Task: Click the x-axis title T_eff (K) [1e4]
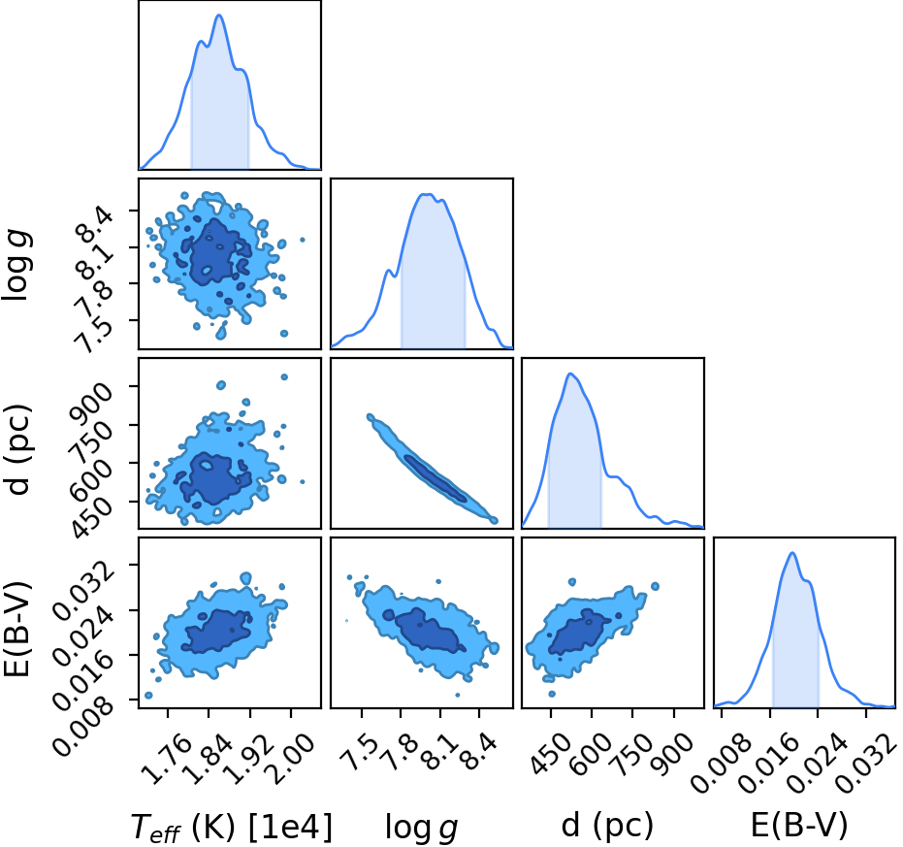coord(232,828)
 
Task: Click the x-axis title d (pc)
coord(607,826)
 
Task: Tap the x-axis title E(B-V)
coord(799,826)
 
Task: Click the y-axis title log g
coord(16,265)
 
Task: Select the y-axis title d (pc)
coord(18,450)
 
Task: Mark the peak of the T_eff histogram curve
coord(219,15)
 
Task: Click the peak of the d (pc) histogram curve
coord(570,374)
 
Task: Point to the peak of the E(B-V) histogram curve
coord(792,553)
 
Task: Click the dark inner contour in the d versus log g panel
coord(435,478)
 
